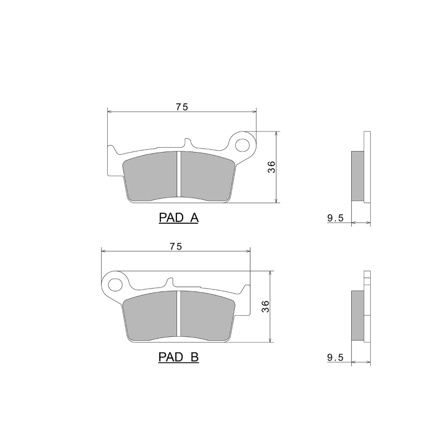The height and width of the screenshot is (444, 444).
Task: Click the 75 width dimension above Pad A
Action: (182, 108)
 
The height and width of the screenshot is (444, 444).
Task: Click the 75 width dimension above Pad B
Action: (176, 246)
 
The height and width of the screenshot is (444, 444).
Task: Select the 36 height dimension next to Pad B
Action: (265, 306)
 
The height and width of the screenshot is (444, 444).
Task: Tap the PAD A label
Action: (179, 218)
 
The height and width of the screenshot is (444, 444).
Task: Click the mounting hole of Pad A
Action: (243, 145)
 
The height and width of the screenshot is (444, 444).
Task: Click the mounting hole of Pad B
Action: (115, 284)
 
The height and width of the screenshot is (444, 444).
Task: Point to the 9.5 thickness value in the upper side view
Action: (336, 219)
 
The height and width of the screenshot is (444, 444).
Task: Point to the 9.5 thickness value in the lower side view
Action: (336, 359)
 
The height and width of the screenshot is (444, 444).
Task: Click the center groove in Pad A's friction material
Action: (179, 174)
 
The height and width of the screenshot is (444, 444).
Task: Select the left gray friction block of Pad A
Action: (152, 176)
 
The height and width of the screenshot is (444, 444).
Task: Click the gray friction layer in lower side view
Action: (357, 316)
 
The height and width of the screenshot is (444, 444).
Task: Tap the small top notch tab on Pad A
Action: (185, 143)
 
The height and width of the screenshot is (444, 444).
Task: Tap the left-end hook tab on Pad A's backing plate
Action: (112, 150)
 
